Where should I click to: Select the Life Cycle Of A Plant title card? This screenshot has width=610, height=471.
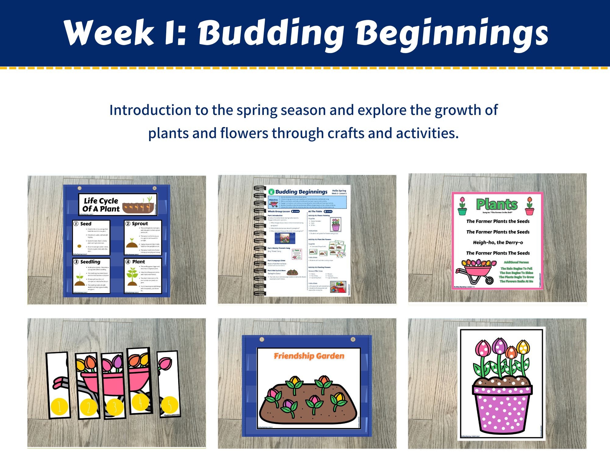[x=118, y=204]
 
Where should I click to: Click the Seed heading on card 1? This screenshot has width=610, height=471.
[x=86, y=224]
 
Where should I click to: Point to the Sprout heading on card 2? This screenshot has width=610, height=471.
[x=140, y=224]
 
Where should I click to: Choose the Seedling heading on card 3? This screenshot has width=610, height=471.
[x=90, y=262]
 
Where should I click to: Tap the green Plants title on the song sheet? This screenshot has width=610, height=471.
[x=497, y=204]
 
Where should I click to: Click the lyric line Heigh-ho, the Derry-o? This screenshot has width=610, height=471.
[x=498, y=243]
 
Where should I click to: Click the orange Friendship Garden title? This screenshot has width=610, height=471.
[x=309, y=356]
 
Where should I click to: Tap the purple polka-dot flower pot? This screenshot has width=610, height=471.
[x=502, y=409]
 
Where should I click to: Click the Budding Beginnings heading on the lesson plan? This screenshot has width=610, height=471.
[x=301, y=192]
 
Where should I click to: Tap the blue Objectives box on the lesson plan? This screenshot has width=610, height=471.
[x=307, y=202]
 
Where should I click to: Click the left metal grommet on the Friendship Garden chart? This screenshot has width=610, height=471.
[x=261, y=339]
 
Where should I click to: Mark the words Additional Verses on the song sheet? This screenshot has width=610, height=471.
[x=516, y=262]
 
